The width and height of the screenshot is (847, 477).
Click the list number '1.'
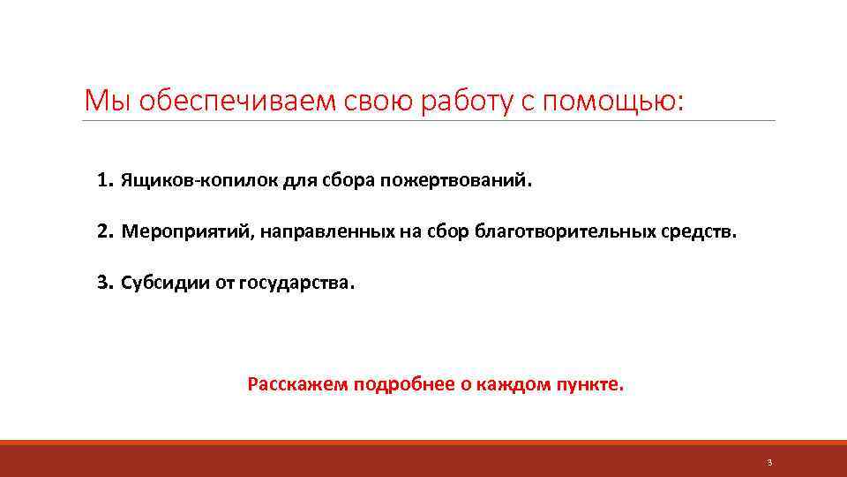(105, 181)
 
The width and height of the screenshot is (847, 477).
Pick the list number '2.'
(105, 232)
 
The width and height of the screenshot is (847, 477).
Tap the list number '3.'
(105, 284)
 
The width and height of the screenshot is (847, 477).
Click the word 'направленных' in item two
(330, 232)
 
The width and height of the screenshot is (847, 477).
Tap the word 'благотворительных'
(565, 232)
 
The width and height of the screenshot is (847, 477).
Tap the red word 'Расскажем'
(298, 384)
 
